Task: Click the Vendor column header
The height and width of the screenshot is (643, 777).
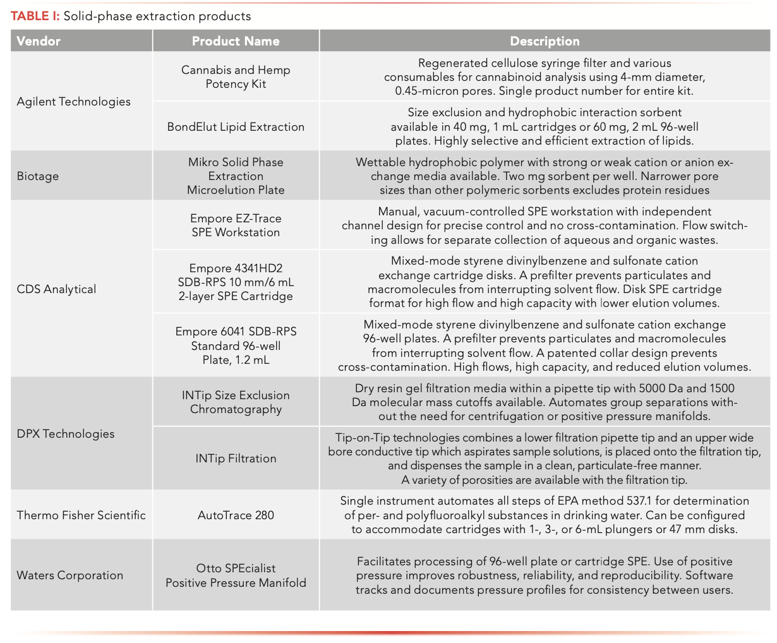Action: (39, 42)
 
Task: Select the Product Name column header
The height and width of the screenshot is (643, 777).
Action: (236, 42)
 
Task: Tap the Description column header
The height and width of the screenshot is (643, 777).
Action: (545, 42)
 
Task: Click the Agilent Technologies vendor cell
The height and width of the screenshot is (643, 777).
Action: (74, 102)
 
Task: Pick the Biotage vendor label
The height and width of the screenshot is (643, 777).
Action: (38, 176)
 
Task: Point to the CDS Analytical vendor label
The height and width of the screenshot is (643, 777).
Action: (57, 289)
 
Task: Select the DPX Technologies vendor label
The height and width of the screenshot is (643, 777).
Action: (66, 434)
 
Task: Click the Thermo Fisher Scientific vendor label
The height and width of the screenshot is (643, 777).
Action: (81, 515)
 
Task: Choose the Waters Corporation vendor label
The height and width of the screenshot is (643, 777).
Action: (70, 575)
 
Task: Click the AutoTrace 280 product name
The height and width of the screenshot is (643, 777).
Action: (236, 515)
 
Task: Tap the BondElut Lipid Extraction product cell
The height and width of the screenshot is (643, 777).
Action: (236, 127)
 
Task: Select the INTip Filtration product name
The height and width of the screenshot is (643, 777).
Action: (236, 459)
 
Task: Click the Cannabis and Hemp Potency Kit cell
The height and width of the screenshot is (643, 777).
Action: (236, 77)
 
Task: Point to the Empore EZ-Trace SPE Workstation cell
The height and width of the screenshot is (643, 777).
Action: (236, 225)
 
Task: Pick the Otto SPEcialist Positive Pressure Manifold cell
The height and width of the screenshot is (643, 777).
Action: (236, 575)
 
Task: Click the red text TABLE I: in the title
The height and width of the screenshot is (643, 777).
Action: (35, 16)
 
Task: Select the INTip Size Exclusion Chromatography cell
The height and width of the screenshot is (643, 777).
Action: (236, 402)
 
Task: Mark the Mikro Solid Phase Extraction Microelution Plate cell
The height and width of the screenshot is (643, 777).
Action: (236, 176)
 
